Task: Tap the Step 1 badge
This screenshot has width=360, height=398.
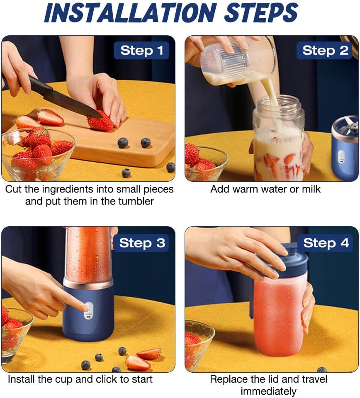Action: click(141, 51)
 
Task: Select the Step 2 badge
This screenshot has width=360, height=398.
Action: click(325, 51)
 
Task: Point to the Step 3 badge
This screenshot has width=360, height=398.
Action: click(142, 243)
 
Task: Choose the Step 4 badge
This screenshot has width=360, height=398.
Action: click(326, 243)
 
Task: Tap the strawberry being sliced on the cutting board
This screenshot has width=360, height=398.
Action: click(100, 123)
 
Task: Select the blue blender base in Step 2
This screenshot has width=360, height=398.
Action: click(345, 154)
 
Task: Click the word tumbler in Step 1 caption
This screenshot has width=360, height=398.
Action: click(137, 202)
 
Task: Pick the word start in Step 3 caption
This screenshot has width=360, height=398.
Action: click(140, 379)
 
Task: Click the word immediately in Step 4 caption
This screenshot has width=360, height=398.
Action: click(268, 391)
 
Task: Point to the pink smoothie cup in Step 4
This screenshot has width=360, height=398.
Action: click(278, 315)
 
